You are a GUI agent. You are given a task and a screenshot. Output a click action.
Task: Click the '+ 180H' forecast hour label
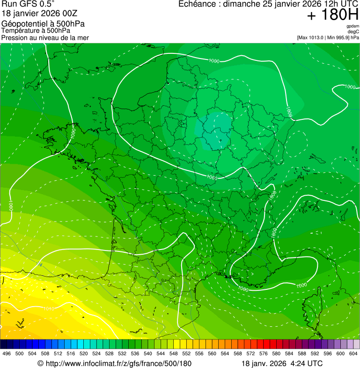pos(332,15)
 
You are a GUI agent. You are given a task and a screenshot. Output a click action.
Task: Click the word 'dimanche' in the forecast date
pos(241,4)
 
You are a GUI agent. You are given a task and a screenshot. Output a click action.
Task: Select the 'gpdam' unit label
pos(353,26)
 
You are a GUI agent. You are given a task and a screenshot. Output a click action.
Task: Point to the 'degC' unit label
pos(354,31)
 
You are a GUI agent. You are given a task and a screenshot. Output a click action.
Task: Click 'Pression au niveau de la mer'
pos(45,37)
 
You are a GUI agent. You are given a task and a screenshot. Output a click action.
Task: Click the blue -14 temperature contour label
pos(39,265)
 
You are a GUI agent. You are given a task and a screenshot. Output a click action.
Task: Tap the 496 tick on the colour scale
pos(7,354)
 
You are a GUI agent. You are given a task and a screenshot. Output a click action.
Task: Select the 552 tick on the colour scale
pos(186,354)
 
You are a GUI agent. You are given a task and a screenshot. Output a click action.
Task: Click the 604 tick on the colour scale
pos(353,354)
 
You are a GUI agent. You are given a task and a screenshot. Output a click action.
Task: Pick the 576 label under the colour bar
pos(263,354)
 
